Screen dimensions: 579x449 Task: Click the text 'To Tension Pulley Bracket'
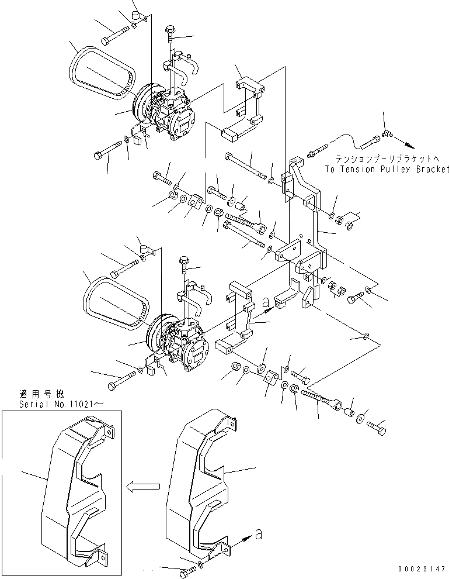pos(388,168)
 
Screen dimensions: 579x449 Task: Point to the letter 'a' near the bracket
pos(266,302)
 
